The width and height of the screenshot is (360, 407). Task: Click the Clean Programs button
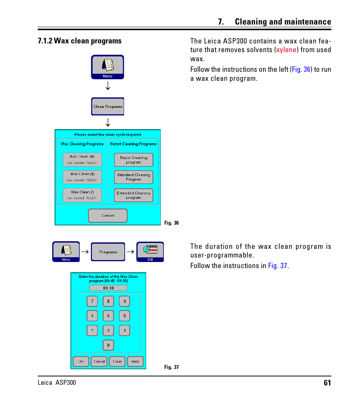tap(108, 106)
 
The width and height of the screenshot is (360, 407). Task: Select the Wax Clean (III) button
tap(82, 159)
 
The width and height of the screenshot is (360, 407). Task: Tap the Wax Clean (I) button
tap(82, 195)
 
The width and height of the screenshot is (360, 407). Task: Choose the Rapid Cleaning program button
tap(134, 160)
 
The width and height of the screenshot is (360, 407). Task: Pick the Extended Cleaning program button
tap(134, 195)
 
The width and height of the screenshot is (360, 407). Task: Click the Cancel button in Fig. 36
tap(108, 216)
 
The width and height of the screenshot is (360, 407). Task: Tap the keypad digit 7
tap(92, 301)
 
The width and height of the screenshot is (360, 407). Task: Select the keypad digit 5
tap(108, 316)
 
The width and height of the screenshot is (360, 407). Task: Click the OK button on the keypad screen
tap(81, 361)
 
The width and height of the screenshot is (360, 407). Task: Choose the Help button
tap(135, 361)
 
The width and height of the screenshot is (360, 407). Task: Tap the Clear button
tap(117, 361)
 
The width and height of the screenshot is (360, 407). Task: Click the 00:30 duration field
tap(108, 288)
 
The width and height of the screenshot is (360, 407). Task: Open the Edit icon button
tap(150, 252)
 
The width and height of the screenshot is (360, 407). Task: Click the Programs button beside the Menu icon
tap(108, 252)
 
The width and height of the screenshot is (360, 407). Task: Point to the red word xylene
tap(286, 50)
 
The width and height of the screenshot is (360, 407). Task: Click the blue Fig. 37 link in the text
tap(278, 266)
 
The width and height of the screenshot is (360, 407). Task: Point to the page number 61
tap(327, 383)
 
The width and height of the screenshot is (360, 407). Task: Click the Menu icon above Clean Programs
tap(108, 67)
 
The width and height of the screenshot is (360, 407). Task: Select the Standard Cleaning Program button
tap(134, 177)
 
